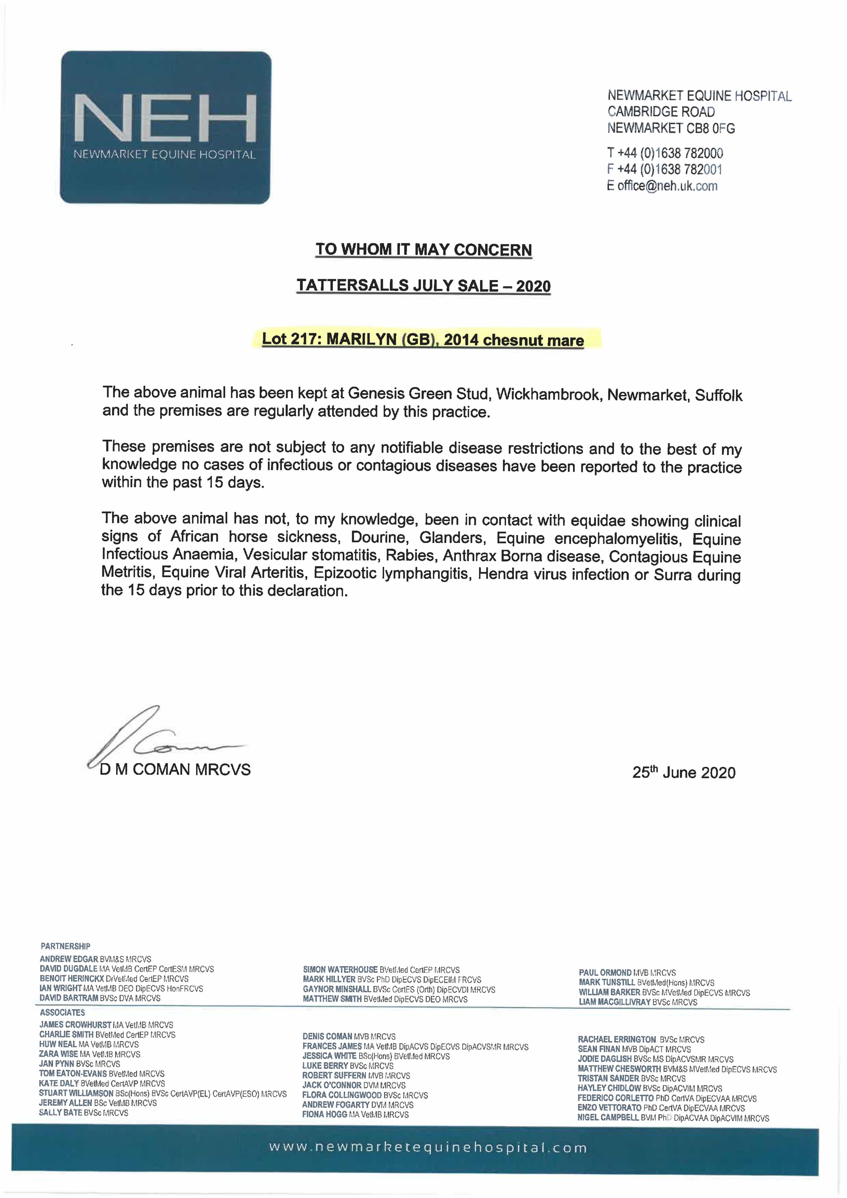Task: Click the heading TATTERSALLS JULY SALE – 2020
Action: [x=423, y=286]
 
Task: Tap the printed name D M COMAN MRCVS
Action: [x=175, y=770]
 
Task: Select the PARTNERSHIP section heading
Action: [x=65, y=946]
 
